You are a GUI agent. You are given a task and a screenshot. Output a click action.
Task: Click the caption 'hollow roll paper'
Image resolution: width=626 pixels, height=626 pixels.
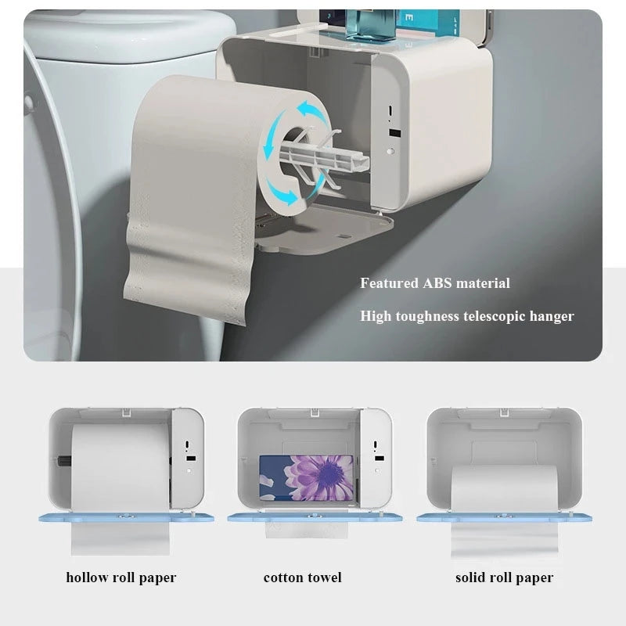(x=121, y=577)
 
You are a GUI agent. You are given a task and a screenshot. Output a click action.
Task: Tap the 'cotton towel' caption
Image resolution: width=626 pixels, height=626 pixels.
(x=303, y=577)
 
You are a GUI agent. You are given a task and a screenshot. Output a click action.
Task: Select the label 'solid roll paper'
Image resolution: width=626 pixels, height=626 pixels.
(x=504, y=577)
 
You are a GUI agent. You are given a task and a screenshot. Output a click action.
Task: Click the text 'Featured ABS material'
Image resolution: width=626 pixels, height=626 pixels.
(x=434, y=283)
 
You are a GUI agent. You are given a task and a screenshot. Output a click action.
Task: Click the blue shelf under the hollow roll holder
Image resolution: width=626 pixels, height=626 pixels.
(x=121, y=517)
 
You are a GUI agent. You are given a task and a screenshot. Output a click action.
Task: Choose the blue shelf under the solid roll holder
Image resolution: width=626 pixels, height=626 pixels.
(x=504, y=517)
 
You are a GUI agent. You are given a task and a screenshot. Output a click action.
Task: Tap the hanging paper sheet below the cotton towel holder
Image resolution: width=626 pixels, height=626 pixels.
(x=306, y=530)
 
